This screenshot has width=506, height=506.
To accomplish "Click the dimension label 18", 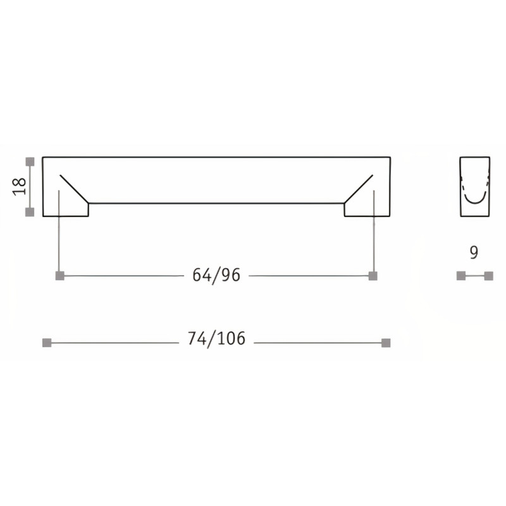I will point(19,187).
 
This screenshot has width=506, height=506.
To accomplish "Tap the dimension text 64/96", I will point(216,275).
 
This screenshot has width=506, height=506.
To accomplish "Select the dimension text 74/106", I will point(216,339).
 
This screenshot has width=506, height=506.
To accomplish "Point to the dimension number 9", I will point(474,253).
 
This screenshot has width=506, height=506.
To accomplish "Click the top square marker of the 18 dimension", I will point(29,161).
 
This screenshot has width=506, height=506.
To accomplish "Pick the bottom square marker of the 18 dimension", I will point(29,213).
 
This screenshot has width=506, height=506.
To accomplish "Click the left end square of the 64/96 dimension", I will point(59,276).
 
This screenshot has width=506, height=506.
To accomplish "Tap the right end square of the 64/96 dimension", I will point(373,276).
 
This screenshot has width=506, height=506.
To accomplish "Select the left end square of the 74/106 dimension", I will point(46,343).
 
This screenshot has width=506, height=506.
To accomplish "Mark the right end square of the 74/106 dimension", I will point(386,343).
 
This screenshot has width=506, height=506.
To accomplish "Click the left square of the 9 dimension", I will point(460,276).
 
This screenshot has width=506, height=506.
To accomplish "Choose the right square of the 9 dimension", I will point(488,276).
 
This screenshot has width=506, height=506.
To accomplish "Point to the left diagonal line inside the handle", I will point(74,187).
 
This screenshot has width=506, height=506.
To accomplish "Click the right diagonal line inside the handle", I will point(359,187).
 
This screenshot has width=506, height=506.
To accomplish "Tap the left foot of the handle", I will point(66,210).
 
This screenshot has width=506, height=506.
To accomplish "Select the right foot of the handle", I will point(367,210).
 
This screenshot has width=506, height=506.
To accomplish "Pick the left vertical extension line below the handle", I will point(59,234).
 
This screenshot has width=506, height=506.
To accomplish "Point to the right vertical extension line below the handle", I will point(374,234).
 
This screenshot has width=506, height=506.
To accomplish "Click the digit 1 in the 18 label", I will point(19,192).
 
